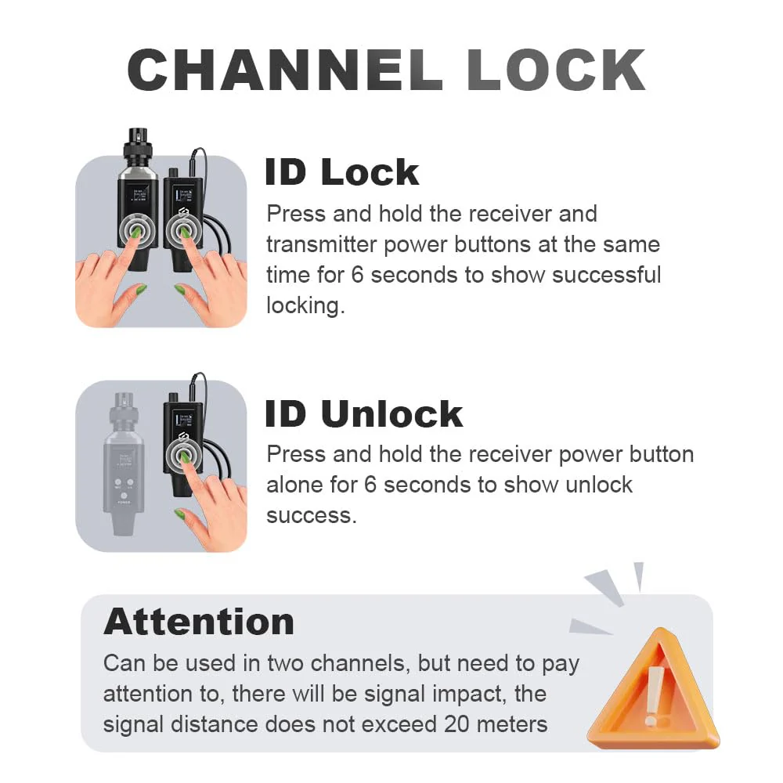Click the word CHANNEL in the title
285,70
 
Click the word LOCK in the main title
556,70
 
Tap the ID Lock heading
342,171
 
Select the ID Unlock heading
364,413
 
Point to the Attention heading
199,622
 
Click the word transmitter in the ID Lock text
321,244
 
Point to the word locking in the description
305,305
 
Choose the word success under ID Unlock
312,516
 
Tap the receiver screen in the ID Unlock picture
183,418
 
